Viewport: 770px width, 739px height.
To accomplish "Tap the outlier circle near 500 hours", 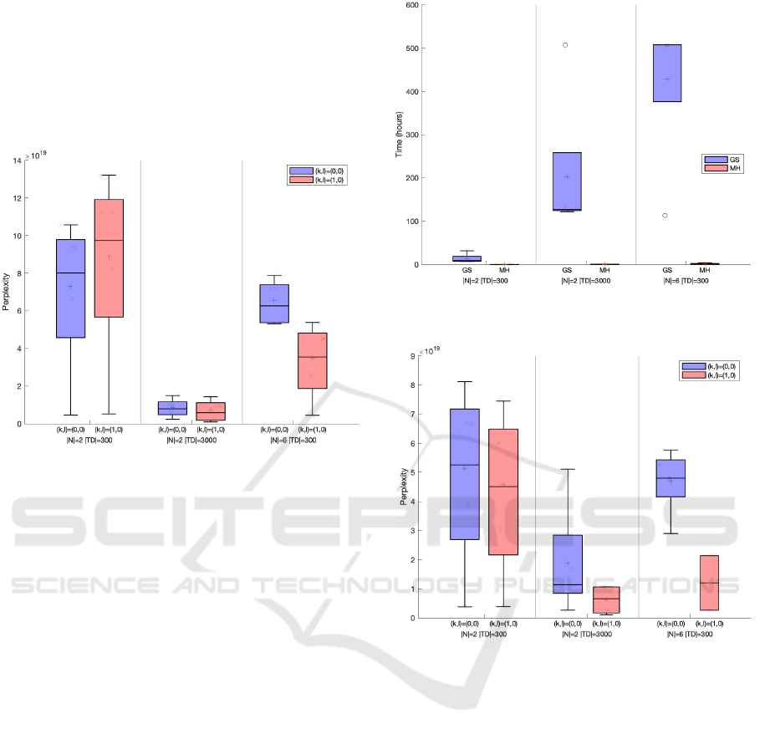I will tap(566, 45).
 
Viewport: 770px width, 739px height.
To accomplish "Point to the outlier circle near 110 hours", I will tap(665, 216).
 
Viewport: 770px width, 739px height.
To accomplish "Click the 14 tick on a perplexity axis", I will tap(18, 161).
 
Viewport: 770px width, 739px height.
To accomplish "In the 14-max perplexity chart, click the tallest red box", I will tap(109, 258).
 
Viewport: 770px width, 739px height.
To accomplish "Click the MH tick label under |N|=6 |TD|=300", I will tap(705, 271).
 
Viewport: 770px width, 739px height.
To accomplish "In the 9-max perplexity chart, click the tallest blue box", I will tap(465, 474).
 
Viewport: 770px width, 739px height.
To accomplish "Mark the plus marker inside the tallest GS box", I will tap(666, 79).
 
